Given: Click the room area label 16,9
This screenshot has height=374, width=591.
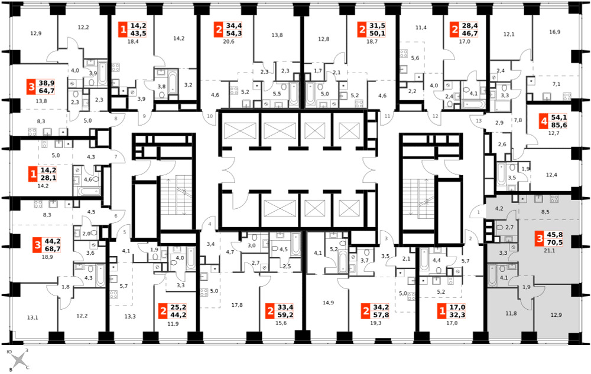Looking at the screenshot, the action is pyautogui.click(x=554, y=32).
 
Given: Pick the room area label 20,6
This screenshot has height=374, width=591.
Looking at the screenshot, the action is pyautogui.click(x=228, y=41).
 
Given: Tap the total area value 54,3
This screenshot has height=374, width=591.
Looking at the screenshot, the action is pyautogui.click(x=234, y=33).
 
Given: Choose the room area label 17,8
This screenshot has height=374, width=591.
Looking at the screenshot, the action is pyautogui.click(x=237, y=305).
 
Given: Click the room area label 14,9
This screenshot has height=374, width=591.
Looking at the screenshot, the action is pyautogui.click(x=328, y=303).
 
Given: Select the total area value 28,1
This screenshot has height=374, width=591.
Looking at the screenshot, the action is pyautogui.click(x=48, y=178).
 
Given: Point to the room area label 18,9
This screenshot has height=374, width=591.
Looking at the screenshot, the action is pyautogui.click(x=47, y=257).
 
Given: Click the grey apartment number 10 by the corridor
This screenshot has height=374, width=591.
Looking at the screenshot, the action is pyautogui.click(x=210, y=116).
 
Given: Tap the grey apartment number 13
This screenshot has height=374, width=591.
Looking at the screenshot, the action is pyautogui.click(x=479, y=121).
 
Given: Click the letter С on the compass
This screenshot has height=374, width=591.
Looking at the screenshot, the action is pyautogui.click(x=28, y=368).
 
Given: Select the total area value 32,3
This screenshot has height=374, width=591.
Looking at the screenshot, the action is pyautogui.click(x=457, y=315).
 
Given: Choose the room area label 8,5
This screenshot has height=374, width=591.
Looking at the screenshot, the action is pyautogui.click(x=545, y=212).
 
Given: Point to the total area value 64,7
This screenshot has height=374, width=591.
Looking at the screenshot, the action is pyautogui.click(x=47, y=91).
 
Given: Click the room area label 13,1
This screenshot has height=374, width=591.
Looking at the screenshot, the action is pyautogui.click(x=33, y=317).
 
